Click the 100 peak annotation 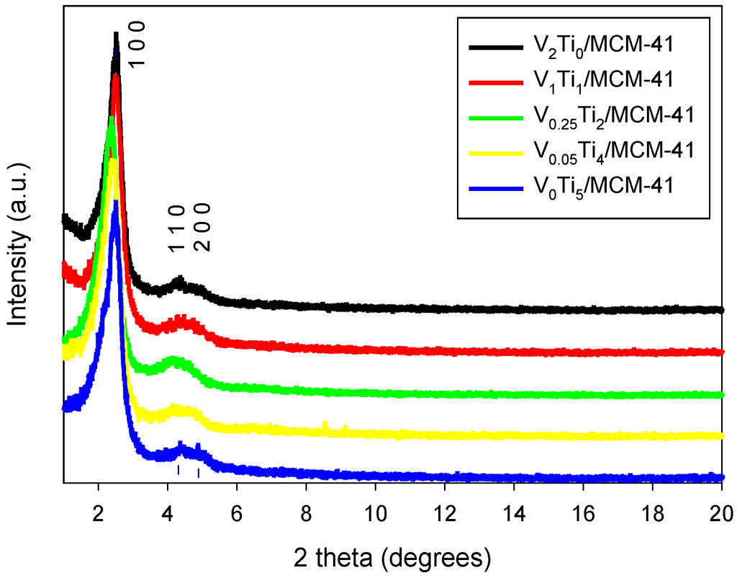click(137, 44)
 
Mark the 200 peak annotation click(204, 227)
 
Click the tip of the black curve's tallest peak click(115, 33)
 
